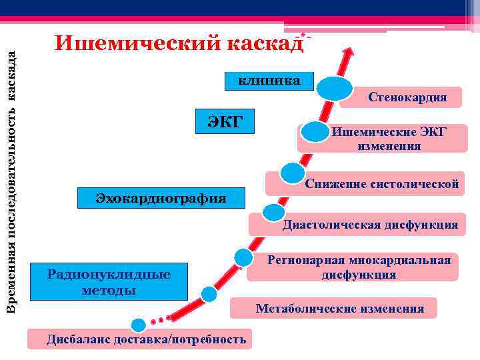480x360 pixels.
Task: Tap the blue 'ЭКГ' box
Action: click(x=225, y=122)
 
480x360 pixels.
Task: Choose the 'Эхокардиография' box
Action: click(x=161, y=198)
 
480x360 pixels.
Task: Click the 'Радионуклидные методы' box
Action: click(x=109, y=282)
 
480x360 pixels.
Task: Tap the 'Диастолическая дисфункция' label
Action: click(x=369, y=225)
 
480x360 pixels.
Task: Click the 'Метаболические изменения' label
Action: click(x=339, y=308)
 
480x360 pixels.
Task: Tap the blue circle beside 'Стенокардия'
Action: click(x=334, y=89)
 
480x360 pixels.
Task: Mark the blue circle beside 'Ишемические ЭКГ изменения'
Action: click(x=315, y=131)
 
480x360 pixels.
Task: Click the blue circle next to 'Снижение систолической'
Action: click(x=292, y=173)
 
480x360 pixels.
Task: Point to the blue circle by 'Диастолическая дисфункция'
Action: click(x=273, y=213)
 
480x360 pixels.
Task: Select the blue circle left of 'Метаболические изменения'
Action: click(x=209, y=294)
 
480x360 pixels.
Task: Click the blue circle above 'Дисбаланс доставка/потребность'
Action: click(x=139, y=325)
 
